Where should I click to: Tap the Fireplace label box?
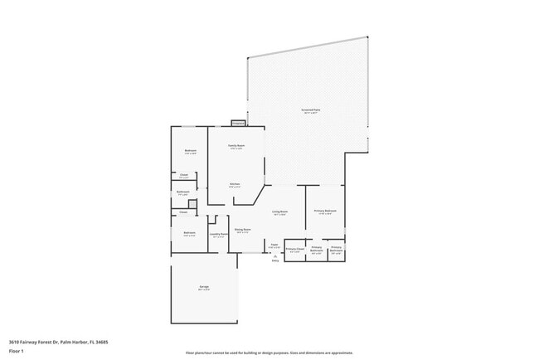[237, 123]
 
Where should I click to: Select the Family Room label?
[236, 147]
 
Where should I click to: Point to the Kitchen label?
[235, 184]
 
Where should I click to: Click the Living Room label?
[280, 213]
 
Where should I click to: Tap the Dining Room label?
[242, 231]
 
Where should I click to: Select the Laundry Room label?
[218, 235]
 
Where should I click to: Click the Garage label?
[203, 288]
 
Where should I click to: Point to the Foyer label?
[274, 245]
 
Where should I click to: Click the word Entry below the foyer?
[275, 262]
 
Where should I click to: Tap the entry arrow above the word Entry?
[275, 256]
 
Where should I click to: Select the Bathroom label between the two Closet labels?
[183, 192]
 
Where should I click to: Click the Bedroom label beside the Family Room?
[190, 151]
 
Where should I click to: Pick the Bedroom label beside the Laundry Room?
[189, 233]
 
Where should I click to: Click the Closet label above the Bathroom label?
[183, 175]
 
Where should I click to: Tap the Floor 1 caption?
[17, 351]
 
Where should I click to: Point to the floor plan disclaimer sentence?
[269, 352]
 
